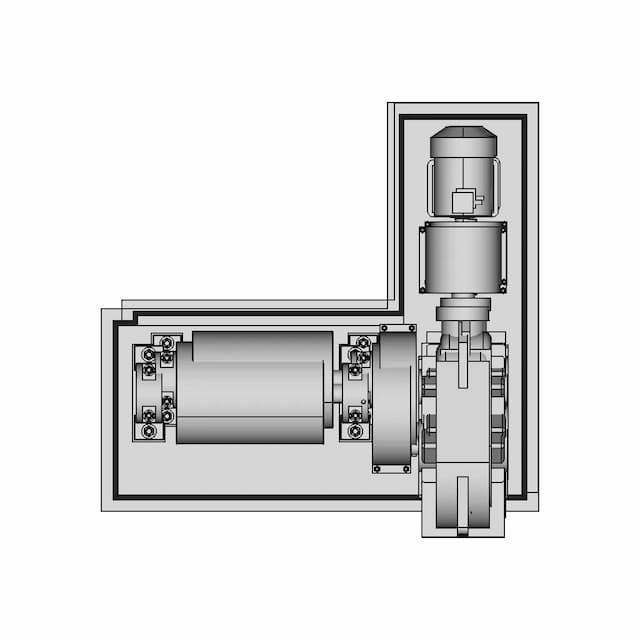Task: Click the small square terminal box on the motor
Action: [x=463, y=202]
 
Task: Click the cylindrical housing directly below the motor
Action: [x=462, y=257]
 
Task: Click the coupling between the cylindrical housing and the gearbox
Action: [x=462, y=311]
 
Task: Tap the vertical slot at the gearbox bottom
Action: [x=462, y=505]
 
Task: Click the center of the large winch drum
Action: [x=252, y=388]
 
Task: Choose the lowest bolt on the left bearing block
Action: [x=149, y=431]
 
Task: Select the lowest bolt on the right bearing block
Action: [x=356, y=432]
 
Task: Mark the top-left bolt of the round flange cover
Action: [x=383, y=328]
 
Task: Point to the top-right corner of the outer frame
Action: [x=537, y=104]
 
